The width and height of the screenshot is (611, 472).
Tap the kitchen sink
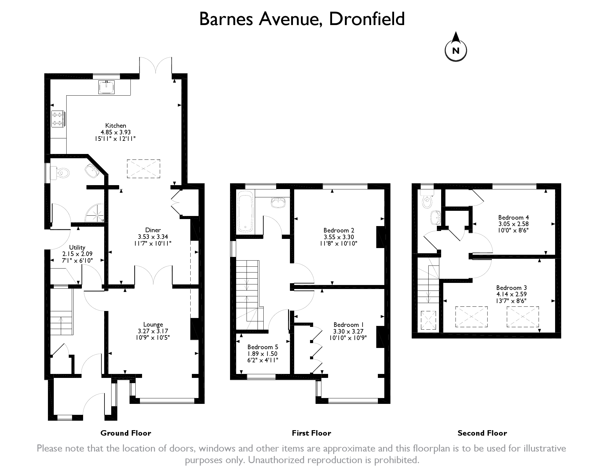point(106,87)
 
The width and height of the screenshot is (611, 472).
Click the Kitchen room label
point(115,125)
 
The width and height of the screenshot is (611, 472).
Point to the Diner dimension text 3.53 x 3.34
point(153,237)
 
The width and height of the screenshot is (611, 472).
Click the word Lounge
point(153,324)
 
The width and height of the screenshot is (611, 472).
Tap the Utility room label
point(77,247)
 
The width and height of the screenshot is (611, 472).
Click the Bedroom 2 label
point(339,230)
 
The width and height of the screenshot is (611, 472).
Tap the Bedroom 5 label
point(263,347)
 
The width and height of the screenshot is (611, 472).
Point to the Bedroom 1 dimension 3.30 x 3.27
point(348,331)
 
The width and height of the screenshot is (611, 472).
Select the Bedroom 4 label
point(514,218)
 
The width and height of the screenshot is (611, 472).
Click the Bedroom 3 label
point(511,288)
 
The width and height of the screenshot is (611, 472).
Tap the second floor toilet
point(426,199)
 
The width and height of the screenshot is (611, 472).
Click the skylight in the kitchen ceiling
point(144,169)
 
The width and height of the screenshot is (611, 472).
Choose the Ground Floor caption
point(126,433)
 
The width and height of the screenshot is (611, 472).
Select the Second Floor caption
point(482,433)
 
